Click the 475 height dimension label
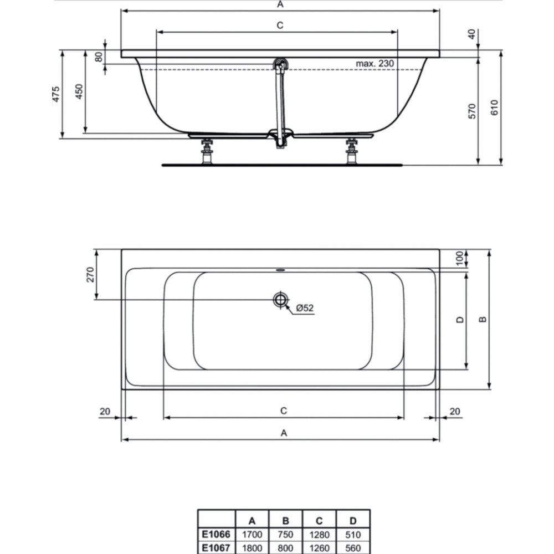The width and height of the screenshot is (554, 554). [x=56, y=94]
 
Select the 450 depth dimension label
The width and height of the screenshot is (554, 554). [x=79, y=91]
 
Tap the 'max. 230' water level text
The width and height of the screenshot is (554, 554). [x=375, y=64]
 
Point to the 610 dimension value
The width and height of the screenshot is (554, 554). [x=494, y=107]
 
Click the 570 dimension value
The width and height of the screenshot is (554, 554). [x=472, y=111]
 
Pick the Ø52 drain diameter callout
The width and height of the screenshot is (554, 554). [x=305, y=308]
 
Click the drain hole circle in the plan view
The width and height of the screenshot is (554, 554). [x=280, y=300]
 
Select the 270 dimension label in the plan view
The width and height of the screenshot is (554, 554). [x=90, y=275]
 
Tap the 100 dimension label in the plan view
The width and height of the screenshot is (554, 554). [x=459, y=258]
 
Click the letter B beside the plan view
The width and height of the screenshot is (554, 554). [x=483, y=320]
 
